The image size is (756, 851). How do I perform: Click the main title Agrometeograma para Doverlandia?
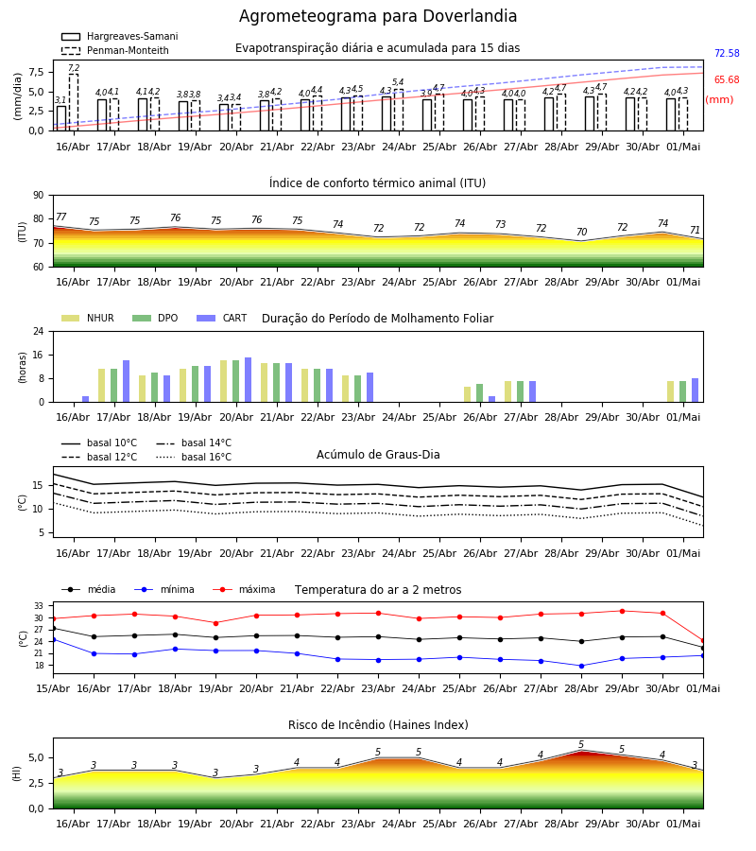(x=377, y=16)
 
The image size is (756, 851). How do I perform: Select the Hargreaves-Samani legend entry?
(x=119, y=36)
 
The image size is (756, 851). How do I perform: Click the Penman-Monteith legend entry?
(x=115, y=50)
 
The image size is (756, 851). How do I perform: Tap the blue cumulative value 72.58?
(x=727, y=53)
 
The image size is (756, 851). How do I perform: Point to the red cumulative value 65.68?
(x=727, y=79)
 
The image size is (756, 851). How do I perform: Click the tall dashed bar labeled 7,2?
(x=73, y=102)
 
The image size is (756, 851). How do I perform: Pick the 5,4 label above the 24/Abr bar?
(x=398, y=82)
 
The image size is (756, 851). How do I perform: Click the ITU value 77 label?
(x=60, y=217)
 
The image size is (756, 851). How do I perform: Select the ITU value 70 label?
(x=581, y=232)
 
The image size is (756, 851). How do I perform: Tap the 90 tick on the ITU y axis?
(x=38, y=196)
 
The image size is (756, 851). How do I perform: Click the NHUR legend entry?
(x=88, y=318)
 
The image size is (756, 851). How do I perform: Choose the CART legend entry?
(x=222, y=318)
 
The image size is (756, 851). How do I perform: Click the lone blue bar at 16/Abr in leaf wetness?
(x=85, y=399)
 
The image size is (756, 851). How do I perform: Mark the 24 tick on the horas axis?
(x=38, y=331)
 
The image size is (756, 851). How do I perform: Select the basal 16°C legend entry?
(x=194, y=457)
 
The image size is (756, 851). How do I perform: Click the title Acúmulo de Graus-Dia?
(x=378, y=455)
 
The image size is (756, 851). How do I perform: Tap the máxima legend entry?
(x=244, y=589)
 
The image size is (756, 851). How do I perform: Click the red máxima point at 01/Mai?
(x=703, y=641)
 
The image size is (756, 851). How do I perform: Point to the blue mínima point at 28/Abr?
(x=581, y=666)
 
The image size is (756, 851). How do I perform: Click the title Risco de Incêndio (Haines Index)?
(x=378, y=725)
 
